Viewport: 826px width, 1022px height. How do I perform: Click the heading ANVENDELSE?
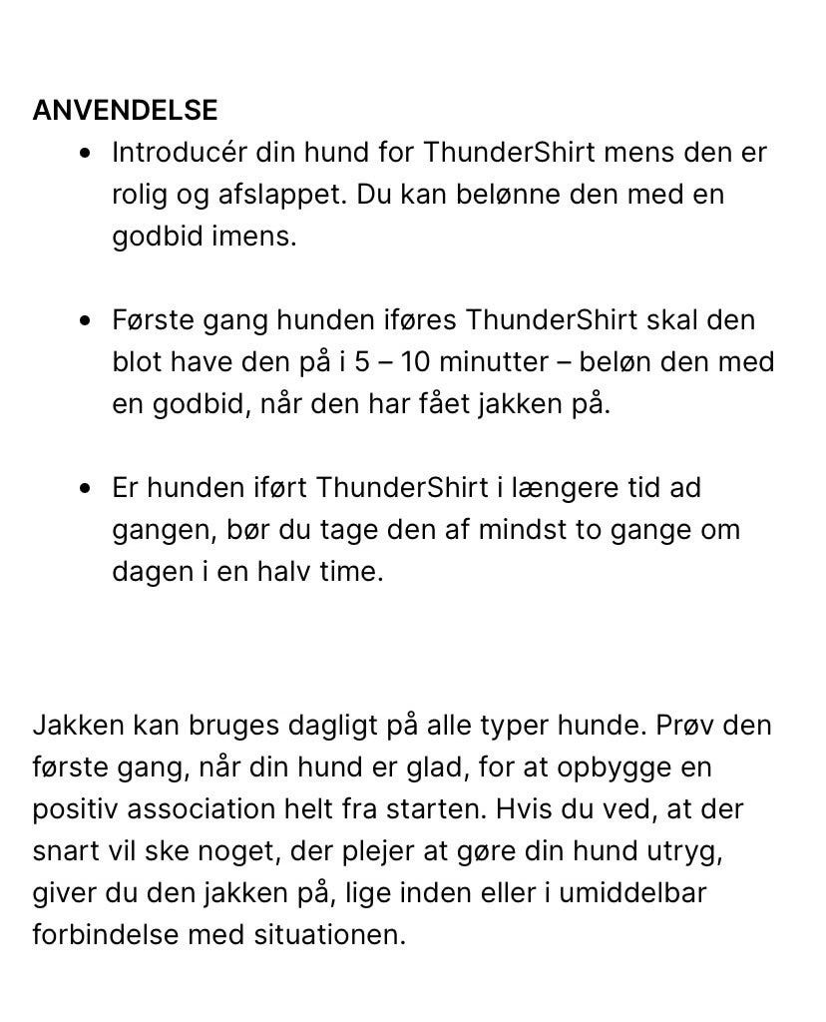coord(125,110)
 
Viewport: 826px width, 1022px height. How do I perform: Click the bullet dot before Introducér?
coord(90,154)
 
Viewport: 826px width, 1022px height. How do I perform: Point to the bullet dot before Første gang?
coord(90,321)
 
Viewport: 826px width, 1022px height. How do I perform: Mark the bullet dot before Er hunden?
coord(90,489)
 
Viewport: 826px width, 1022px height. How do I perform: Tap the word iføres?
coord(419,320)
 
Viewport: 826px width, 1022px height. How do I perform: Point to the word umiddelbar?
coord(632,892)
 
